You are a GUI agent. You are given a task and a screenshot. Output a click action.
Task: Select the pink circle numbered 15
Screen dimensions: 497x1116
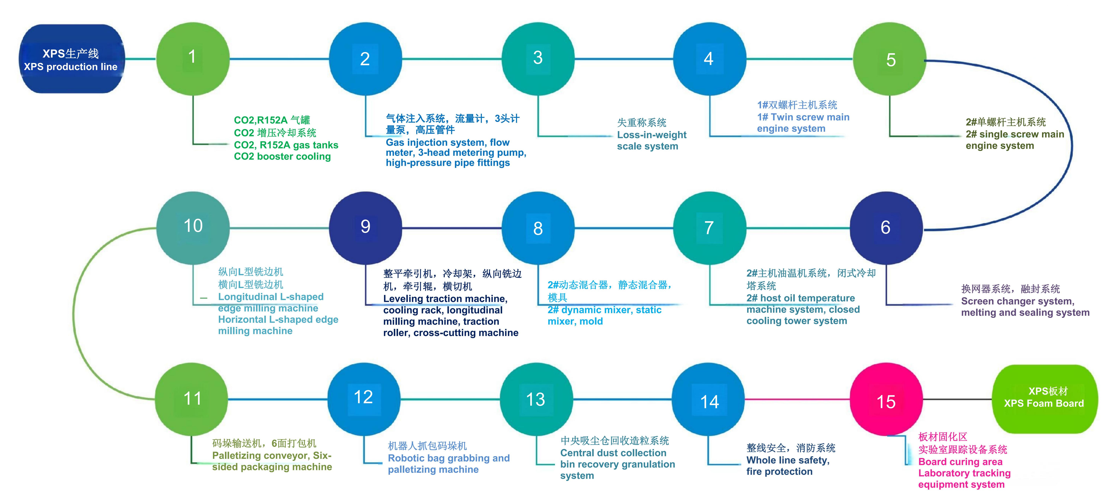[886, 399]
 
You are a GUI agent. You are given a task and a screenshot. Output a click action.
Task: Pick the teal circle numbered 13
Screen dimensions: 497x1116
[536, 399]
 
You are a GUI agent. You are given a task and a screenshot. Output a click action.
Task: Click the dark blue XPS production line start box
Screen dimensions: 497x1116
[71, 59]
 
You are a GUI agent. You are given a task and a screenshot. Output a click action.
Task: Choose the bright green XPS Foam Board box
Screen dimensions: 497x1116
[1044, 398]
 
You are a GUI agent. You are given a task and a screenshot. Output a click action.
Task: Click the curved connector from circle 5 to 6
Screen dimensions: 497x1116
[1070, 143]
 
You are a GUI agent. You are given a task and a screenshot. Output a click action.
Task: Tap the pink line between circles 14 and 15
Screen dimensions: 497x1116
[797, 399]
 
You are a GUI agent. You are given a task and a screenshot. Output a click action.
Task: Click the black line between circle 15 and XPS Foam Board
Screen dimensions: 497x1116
[958, 399]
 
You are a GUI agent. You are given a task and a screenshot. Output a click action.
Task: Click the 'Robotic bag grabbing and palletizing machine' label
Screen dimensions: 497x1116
[448, 464]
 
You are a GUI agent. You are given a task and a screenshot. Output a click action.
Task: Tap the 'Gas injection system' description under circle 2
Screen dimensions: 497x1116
[455, 152]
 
